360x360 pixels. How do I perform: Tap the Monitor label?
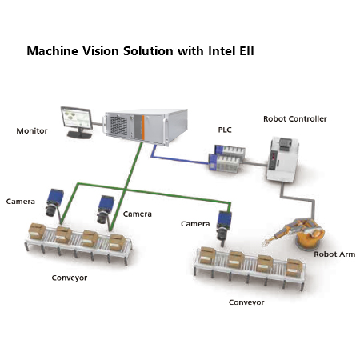[32, 130]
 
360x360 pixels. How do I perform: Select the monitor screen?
[76, 118]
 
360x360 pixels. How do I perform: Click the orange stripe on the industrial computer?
[143, 127]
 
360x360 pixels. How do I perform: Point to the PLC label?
[225, 130]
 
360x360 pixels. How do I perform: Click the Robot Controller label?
[295, 118]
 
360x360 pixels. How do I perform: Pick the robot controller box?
[282, 159]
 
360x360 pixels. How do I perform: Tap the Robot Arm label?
[334, 254]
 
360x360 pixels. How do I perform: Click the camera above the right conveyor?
[223, 228]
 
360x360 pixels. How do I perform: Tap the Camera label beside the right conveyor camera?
[195, 224]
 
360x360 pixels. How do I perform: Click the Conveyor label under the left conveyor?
[70, 278]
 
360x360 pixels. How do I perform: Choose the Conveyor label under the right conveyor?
[246, 302]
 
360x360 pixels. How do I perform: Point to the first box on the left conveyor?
[37, 231]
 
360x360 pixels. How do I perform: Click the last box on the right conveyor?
[294, 268]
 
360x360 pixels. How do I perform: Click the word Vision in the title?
[100, 50]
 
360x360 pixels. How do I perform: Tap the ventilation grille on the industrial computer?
[118, 126]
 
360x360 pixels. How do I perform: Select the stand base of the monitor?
[79, 135]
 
